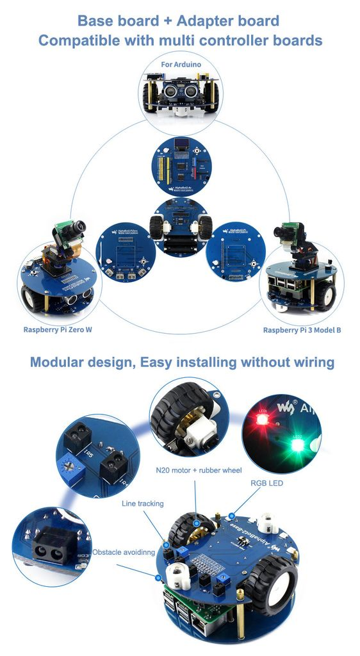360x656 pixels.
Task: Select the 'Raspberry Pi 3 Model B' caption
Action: pos(301,330)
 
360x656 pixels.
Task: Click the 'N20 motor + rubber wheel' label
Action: pos(199,470)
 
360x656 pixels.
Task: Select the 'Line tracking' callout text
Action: pos(142,504)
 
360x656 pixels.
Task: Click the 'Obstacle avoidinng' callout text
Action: pos(124,552)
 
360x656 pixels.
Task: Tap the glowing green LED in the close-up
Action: pos(297,445)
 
